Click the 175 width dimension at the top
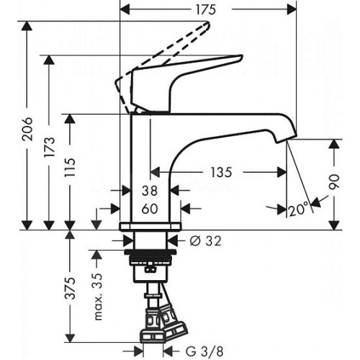click(x=206, y=10)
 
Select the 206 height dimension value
click(x=26, y=129)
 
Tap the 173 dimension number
click(x=49, y=147)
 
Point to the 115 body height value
click(x=70, y=167)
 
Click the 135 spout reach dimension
click(x=221, y=172)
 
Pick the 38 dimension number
click(x=150, y=191)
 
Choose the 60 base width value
click(x=150, y=209)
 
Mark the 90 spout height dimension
click(x=334, y=181)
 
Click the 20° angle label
click(x=298, y=210)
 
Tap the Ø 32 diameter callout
click(x=205, y=241)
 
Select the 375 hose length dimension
click(x=71, y=288)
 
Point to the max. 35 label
click(x=97, y=296)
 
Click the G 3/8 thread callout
click(x=204, y=351)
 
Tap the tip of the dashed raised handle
click(x=208, y=24)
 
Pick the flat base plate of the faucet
click(x=150, y=227)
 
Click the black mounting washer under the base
click(x=150, y=252)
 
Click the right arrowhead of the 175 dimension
click(x=292, y=10)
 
